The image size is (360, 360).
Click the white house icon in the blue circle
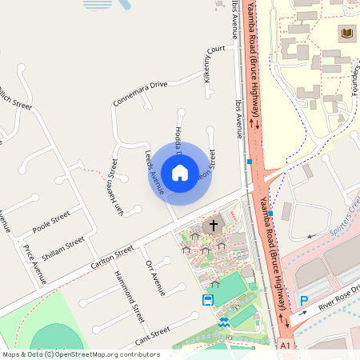coord(180,173)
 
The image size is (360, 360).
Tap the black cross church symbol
coord(213,226)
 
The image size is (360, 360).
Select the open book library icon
coord(346,33)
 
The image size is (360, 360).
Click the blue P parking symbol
coord(303,300)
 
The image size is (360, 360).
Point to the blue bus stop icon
coord(208,300)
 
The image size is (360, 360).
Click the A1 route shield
coord(286,346)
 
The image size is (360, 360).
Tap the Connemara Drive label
coord(141,93)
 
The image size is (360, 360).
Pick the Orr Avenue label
coord(155,278)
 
